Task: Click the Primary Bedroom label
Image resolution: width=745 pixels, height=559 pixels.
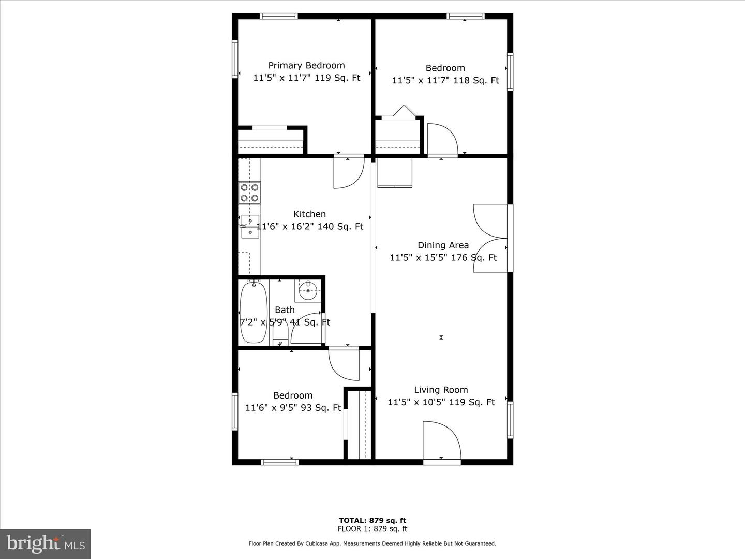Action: [x=306, y=66]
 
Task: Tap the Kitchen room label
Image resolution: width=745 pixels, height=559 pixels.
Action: [x=309, y=214]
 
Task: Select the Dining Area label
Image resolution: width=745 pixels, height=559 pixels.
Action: [x=443, y=245]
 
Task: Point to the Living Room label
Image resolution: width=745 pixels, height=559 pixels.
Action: [x=441, y=390]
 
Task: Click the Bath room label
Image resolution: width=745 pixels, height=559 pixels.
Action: [x=285, y=310]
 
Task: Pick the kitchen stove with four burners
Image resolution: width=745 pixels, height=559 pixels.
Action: [x=249, y=193]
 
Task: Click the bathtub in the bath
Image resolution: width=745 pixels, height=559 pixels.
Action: [x=254, y=312]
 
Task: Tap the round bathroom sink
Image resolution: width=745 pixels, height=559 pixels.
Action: [x=308, y=291]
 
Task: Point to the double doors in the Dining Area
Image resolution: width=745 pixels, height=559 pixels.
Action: [x=490, y=238]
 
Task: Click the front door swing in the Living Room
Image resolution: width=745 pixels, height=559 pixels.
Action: [x=441, y=440]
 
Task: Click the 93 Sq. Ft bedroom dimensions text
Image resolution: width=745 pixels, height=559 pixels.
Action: [x=293, y=408]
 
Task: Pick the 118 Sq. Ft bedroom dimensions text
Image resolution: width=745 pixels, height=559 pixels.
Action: [x=445, y=80]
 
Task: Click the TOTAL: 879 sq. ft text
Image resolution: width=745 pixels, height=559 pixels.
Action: [x=373, y=520]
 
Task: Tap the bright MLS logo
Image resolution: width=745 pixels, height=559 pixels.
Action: [x=46, y=543]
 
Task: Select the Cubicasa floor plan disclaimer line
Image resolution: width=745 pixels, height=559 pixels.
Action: [x=373, y=543]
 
